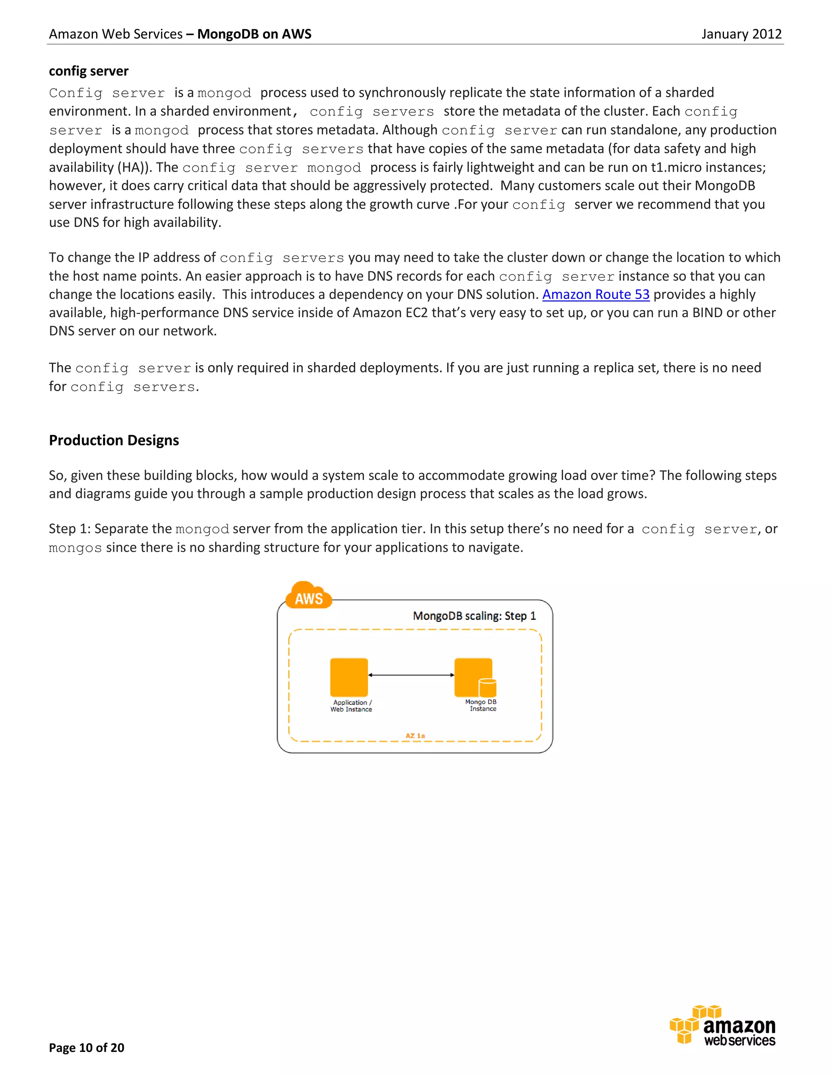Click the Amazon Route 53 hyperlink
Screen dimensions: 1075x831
pyautogui.click(x=596, y=295)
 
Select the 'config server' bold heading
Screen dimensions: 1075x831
pyautogui.click(x=88, y=71)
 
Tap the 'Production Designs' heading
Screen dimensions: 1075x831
pyautogui.click(x=114, y=440)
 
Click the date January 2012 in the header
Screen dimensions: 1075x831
pyautogui.click(x=741, y=34)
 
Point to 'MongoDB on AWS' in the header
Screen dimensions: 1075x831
pyautogui.click(x=254, y=34)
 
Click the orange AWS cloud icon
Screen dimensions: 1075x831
pyautogui.click(x=308, y=596)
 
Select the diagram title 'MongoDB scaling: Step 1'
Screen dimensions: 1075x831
pyautogui.click(x=474, y=616)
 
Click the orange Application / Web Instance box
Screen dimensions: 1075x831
pyautogui.click(x=349, y=677)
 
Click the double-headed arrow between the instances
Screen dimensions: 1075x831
pyautogui.click(x=411, y=675)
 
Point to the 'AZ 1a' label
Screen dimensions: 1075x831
pyautogui.click(x=415, y=736)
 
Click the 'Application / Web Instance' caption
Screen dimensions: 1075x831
pyautogui.click(x=351, y=706)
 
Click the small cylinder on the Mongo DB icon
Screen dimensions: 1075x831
pyautogui.click(x=487, y=687)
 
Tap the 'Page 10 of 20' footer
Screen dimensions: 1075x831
pyautogui.click(x=87, y=1047)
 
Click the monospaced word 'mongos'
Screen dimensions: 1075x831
pyautogui.click(x=75, y=548)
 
